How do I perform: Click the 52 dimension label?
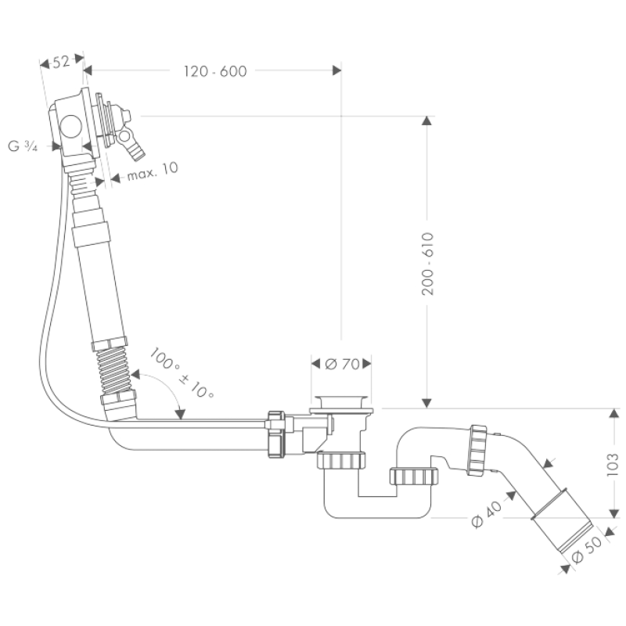click(61, 62)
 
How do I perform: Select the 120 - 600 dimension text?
click(215, 71)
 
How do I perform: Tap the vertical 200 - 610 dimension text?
click(427, 264)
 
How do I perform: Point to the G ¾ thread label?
click(23, 146)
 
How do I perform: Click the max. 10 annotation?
click(153, 171)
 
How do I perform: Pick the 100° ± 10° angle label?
click(182, 373)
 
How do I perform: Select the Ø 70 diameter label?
click(342, 364)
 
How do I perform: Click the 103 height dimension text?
click(612, 464)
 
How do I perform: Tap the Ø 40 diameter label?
click(486, 514)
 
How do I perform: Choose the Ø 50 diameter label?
click(586, 549)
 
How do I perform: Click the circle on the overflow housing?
click(70, 126)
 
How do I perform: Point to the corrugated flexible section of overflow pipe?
click(114, 370)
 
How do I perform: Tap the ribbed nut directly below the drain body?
click(341, 460)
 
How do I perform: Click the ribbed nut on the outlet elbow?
click(477, 450)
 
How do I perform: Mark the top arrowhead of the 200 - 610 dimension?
click(427, 121)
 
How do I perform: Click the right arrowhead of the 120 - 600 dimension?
click(337, 70)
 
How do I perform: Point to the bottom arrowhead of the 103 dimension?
click(614, 514)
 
